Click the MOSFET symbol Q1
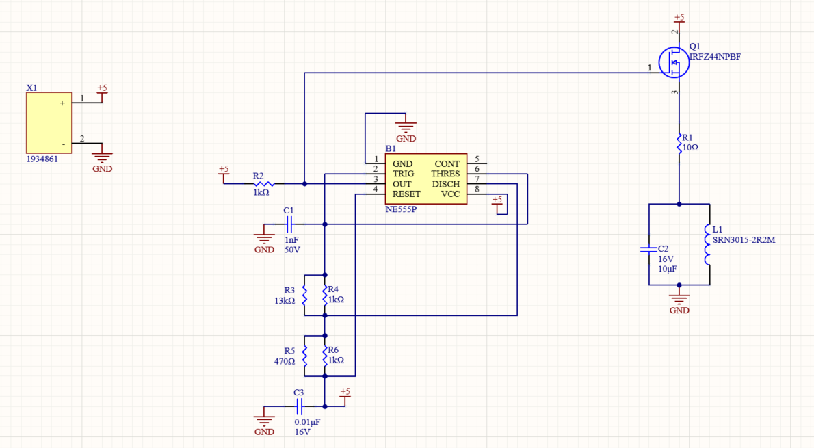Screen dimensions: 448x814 674,62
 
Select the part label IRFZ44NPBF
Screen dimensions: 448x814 715,57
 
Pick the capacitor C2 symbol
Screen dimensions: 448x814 648,250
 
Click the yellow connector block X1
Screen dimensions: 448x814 49,123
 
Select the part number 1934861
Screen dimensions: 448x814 41,159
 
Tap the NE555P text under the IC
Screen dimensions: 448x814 401,209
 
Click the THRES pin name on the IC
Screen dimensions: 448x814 445,174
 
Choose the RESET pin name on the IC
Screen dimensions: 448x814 407,194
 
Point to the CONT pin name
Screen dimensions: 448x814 447,164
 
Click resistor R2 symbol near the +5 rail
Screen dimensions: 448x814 263,183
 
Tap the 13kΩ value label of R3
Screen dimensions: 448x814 284,300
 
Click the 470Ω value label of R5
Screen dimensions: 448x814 284,360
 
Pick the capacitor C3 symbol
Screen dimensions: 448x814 298,406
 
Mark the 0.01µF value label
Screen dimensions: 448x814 307,422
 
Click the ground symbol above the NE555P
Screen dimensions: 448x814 406,127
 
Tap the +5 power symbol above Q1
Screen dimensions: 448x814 679,17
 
